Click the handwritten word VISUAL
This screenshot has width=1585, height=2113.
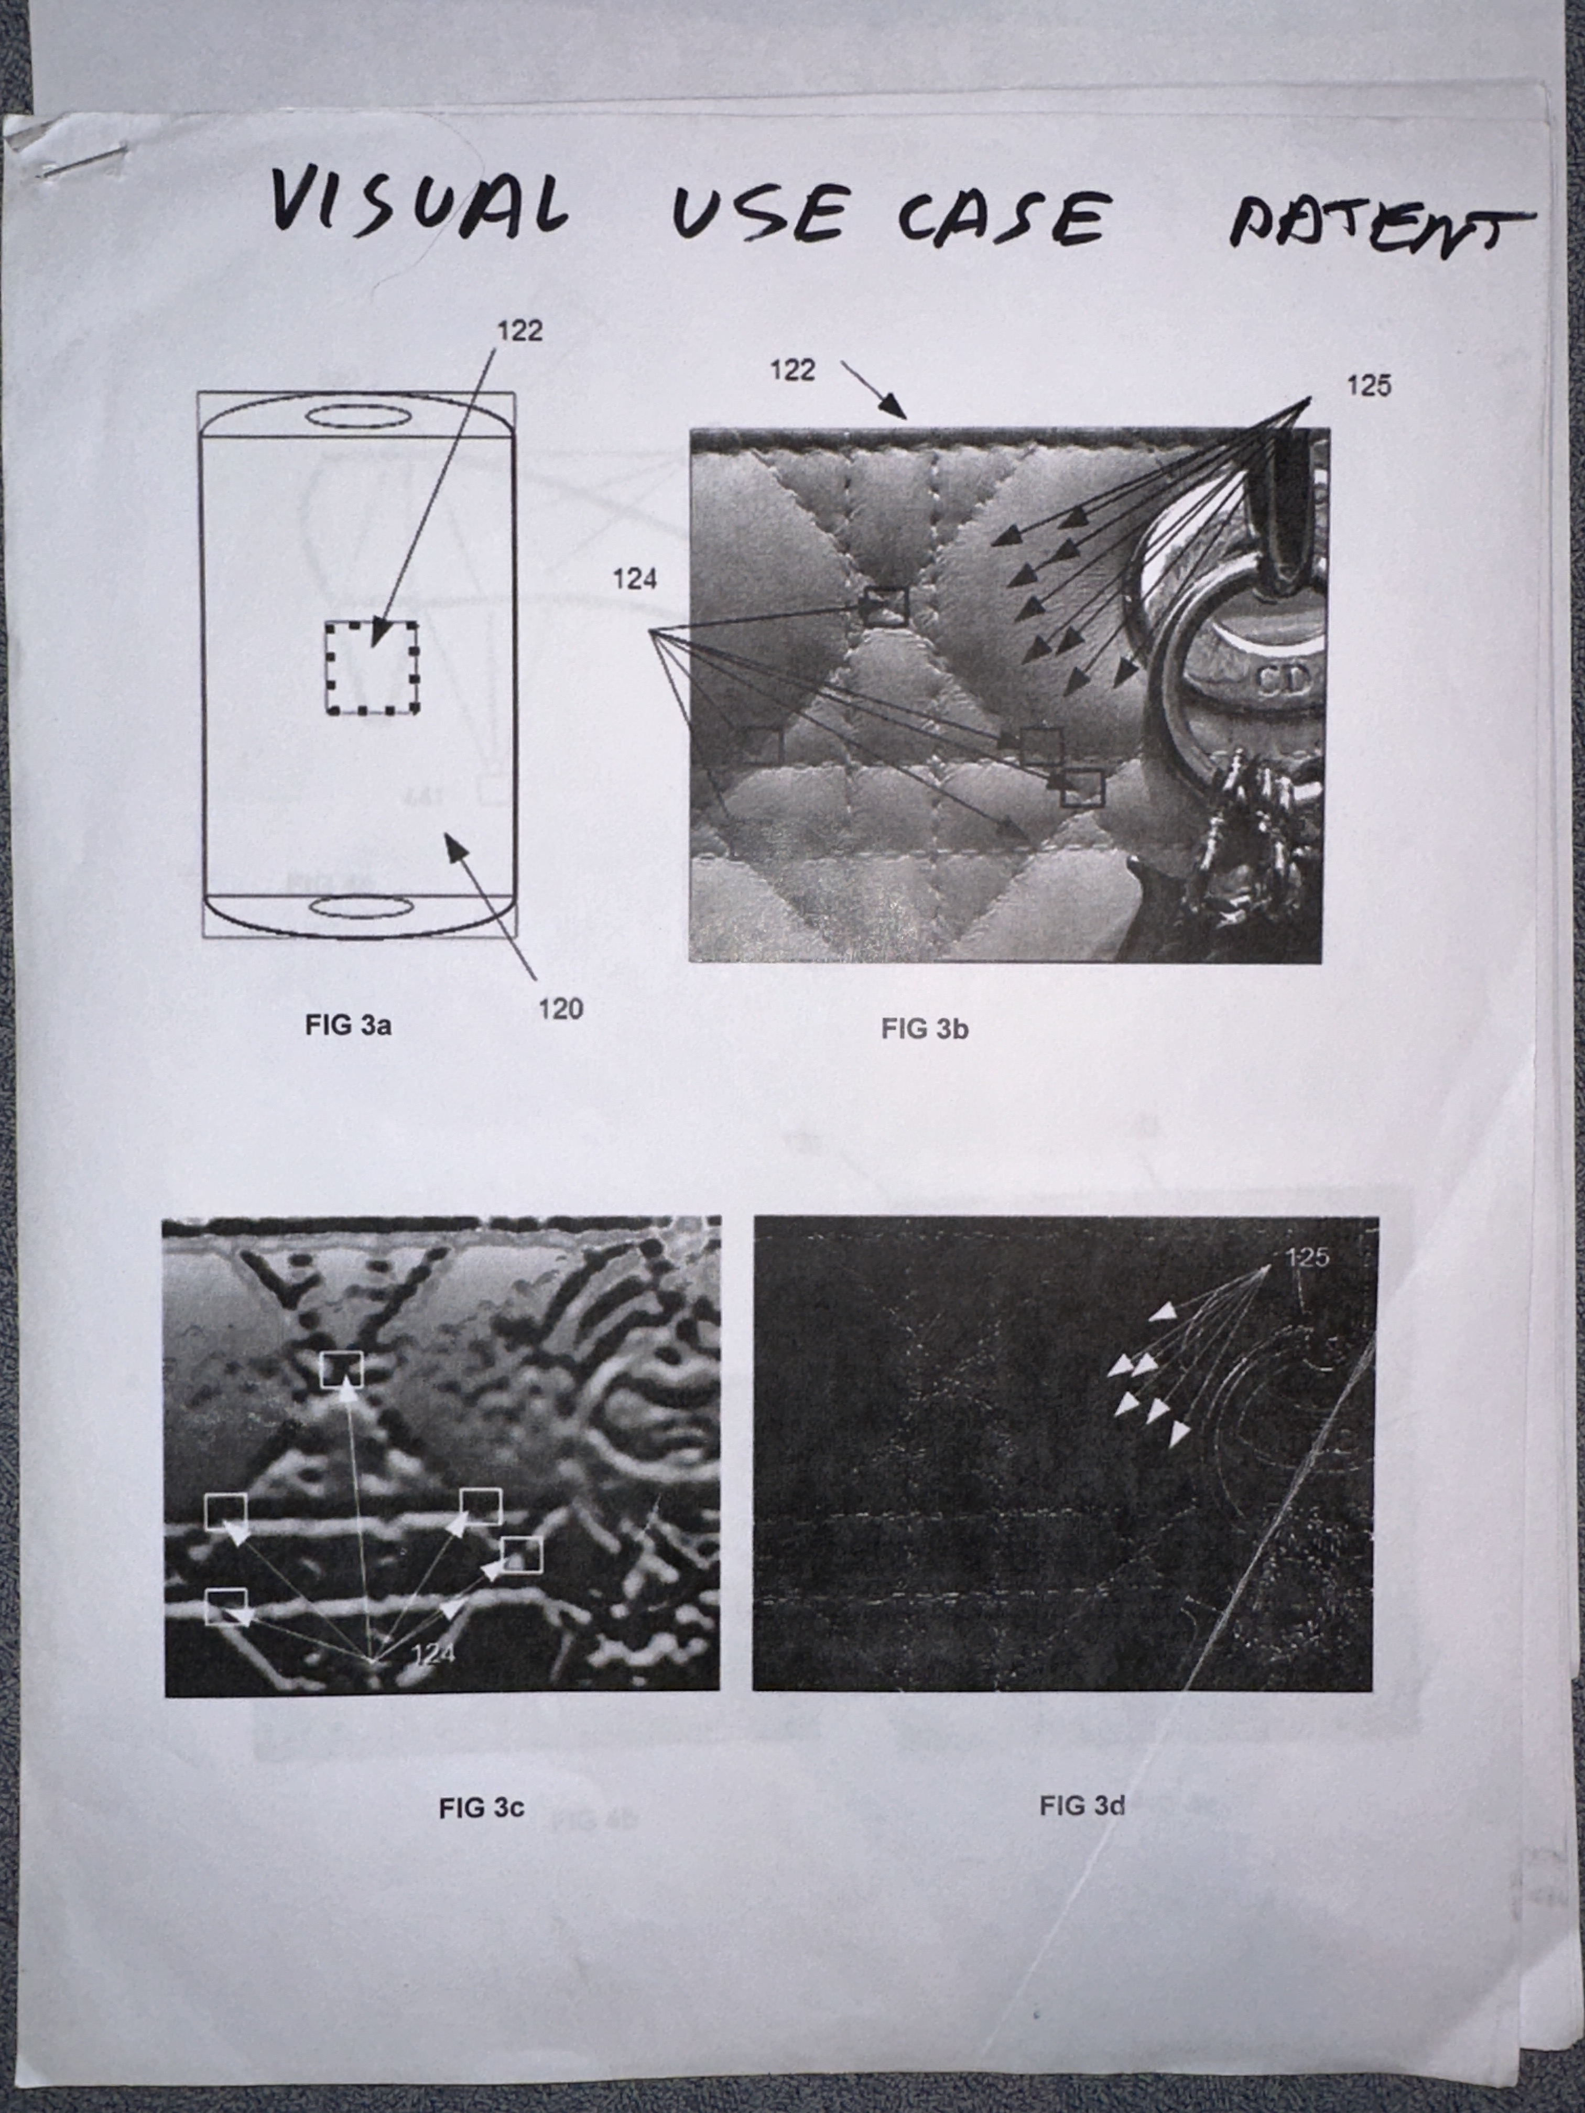click(x=418, y=202)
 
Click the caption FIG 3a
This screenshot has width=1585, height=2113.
click(x=348, y=1026)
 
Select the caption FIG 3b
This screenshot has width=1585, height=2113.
click(x=925, y=1029)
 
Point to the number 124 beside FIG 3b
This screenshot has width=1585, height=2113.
click(x=634, y=579)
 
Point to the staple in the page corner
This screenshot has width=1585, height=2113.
click(x=81, y=160)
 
